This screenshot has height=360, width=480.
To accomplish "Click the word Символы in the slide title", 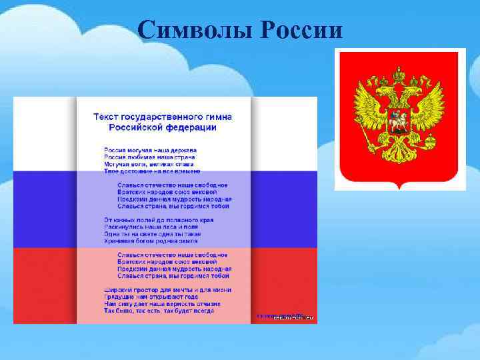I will click(x=195, y=31).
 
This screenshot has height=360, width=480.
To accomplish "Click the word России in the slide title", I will click(x=301, y=31).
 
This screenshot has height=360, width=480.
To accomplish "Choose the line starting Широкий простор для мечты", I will click(x=167, y=289).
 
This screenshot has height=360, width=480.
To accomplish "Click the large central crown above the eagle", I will click(x=399, y=73).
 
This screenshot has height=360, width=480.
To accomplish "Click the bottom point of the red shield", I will click(x=399, y=189).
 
